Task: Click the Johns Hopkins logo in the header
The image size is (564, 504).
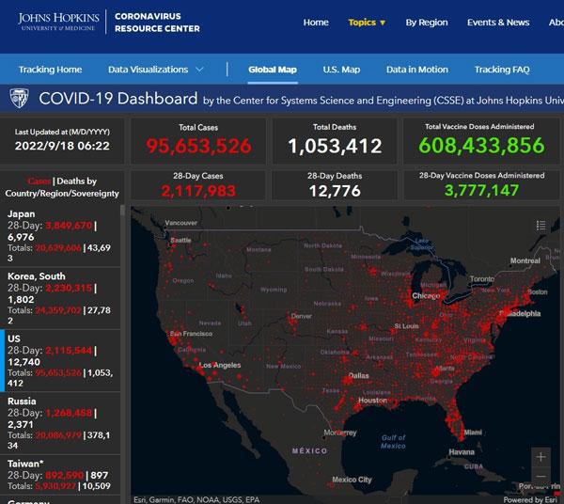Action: click(x=61, y=22)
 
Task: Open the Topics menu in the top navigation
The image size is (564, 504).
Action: click(x=367, y=23)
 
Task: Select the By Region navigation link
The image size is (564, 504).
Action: click(x=426, y=23)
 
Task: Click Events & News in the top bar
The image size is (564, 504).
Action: click(x=498, y=23)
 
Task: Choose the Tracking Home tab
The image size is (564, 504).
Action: click(x=50, y=70)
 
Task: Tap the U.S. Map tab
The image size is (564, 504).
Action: click(x=341, y=70)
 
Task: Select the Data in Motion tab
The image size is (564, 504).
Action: click(x=416, y=70)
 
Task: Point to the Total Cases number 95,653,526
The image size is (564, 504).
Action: click(x=198, y=146)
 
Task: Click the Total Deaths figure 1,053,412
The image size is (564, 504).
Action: click(x=335, y=146)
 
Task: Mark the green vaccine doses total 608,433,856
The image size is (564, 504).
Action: click(x=481, y=146)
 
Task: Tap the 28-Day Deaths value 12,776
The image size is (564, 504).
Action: click(x=335, y=191)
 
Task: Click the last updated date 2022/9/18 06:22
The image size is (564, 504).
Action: click(x=61, y=146)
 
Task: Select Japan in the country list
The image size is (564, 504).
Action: click(x=22, y=213)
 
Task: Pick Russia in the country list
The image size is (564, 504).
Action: click(x=22, y=402)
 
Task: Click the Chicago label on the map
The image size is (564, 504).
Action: click(x=426, y=296)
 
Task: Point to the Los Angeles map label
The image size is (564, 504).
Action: click(x=221, y=365)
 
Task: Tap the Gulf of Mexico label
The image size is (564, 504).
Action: click(x=393, y=441)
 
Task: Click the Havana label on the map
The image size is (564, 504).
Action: click(x=462, y=452)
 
